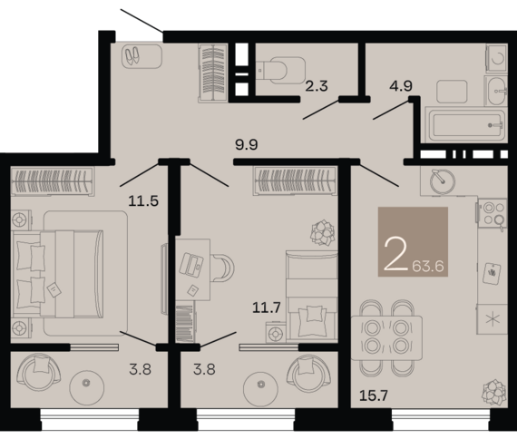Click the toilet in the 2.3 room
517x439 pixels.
coord(280,70)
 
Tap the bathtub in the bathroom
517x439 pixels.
coord(465,125)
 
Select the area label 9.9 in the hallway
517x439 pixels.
coord(247,144)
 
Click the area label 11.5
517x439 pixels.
coord(143,200)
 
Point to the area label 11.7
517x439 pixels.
coord(267,307)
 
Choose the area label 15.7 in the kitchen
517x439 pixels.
coord(374,395)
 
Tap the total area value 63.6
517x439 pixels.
coord(428,266)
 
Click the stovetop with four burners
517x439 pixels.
coord(493,213)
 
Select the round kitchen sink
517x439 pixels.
coord(443,181)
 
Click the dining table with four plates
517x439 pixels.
coord(386,338)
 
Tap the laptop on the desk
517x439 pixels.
coord(191,265)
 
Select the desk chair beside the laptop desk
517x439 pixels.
coord(222,268)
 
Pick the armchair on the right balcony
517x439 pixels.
coord(308,374)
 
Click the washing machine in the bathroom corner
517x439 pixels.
coord(496,58)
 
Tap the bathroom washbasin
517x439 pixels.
coord(496,91)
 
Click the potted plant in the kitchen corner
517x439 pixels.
coord(493,393)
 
